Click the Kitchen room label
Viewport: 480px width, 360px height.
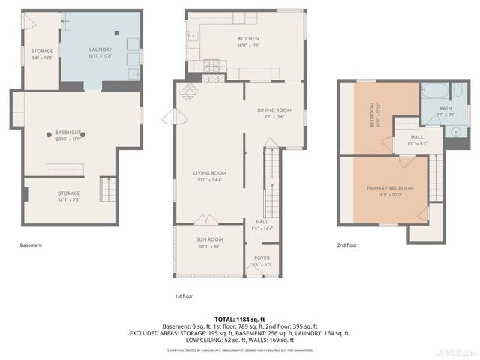248,38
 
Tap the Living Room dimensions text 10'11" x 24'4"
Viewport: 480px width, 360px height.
210,180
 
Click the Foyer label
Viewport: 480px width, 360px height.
262,257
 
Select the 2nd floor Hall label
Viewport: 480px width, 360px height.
415,136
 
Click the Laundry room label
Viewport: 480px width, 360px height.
100,49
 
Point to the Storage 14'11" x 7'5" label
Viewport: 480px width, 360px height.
69,193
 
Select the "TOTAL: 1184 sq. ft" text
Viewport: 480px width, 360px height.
240,319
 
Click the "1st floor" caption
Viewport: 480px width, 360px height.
184,295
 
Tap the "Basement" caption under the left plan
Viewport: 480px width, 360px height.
31,244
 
